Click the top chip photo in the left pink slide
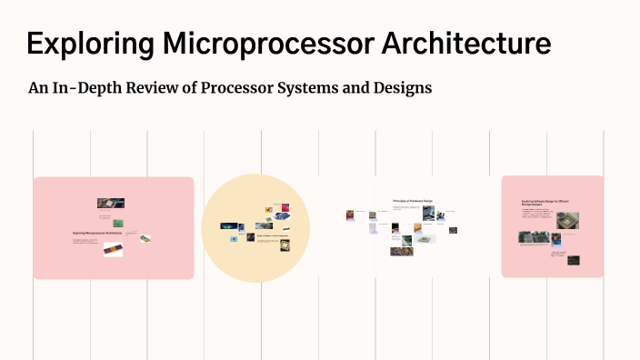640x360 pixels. coord(110,204)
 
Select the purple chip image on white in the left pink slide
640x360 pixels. coord(113,250)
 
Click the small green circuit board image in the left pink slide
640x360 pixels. coord(118,222)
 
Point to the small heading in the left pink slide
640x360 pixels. coord(96,233)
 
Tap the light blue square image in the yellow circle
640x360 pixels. coord(235,239)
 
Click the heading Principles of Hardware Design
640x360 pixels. coord(413,201)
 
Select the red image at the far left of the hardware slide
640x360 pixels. coord(350,215)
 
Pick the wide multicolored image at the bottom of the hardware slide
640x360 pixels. coord(401,251)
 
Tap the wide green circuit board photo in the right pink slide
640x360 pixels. coord(533,238)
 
